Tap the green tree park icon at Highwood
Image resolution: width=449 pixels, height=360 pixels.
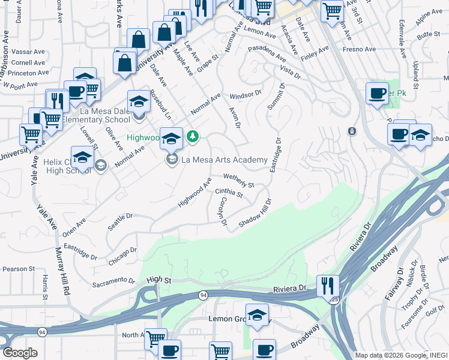[192, 137]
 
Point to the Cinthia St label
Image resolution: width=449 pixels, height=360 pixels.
[229, 193]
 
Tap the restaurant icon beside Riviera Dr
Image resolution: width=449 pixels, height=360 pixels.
[328, 286]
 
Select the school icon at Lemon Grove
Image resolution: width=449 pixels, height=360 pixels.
[257, 316]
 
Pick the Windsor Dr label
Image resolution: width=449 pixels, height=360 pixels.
[246, 95]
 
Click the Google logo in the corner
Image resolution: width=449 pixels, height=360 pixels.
[20, 352]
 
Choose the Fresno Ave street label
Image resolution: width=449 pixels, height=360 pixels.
[358, 49]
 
